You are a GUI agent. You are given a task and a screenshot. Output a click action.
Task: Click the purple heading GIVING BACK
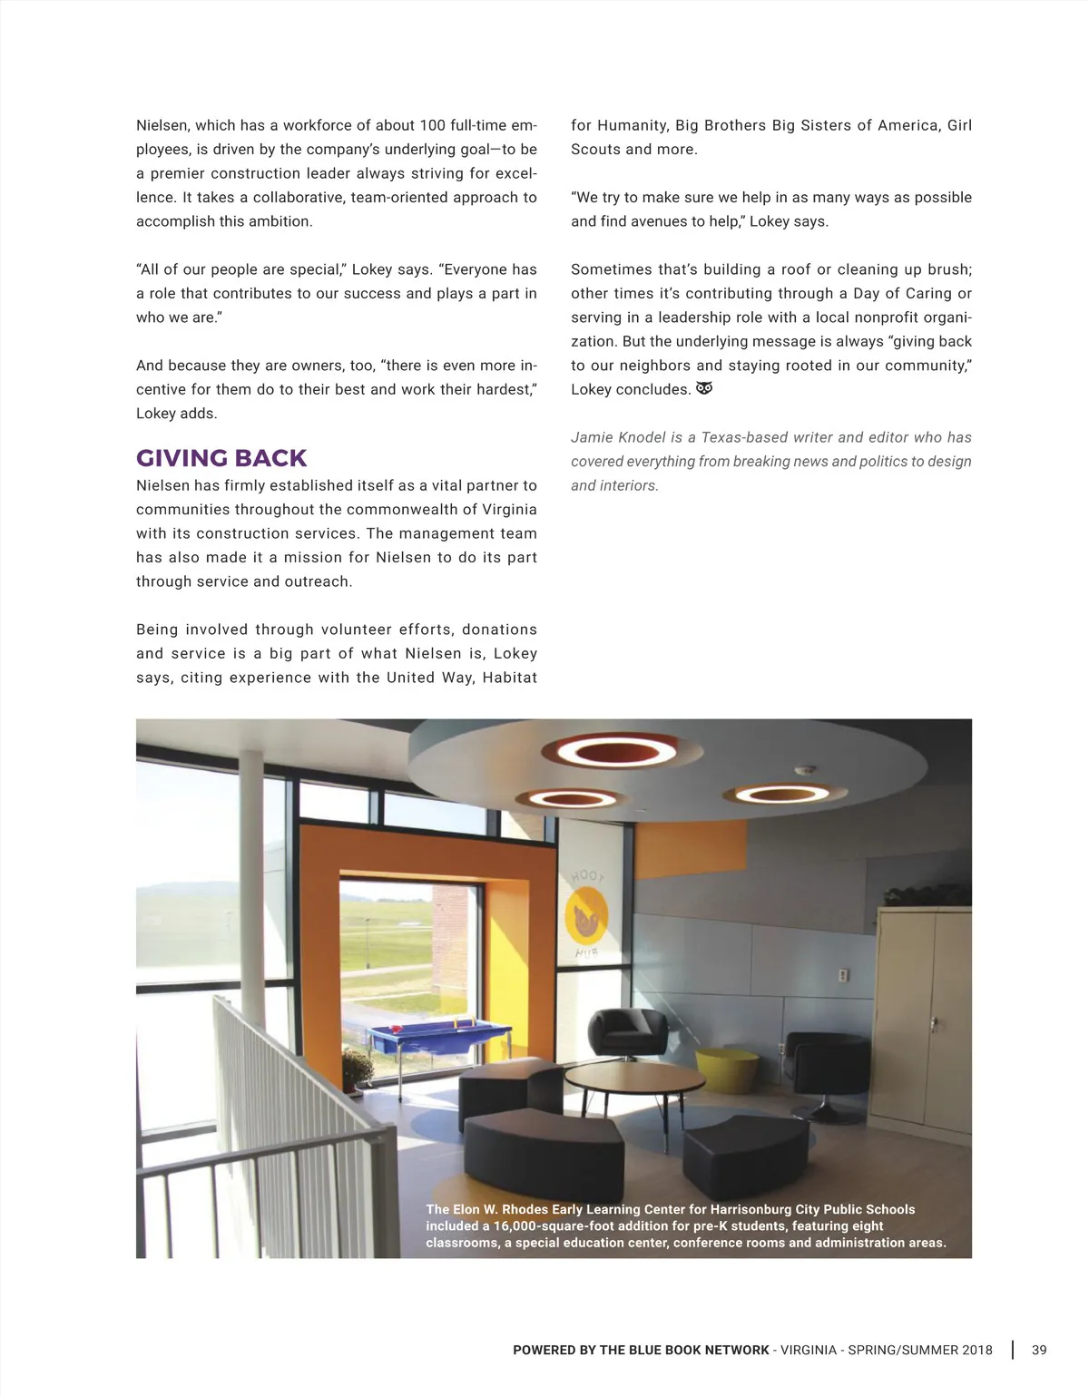[221, 458]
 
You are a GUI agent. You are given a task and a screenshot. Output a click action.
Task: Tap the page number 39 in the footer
[1039, 1350]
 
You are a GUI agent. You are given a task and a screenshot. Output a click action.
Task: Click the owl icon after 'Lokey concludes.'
[704, 388]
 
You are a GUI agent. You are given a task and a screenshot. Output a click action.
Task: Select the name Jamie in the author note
[591, 437]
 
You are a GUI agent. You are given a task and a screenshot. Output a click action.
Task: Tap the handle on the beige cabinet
[935, 1024]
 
